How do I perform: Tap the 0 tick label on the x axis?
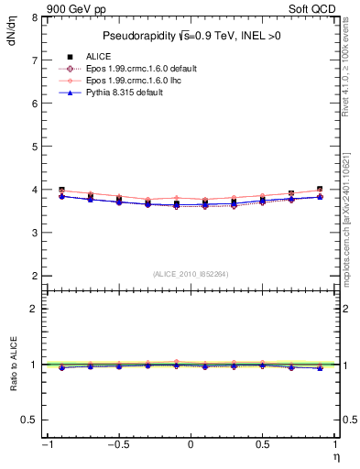(x=190, y=445)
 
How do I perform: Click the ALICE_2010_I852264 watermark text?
(x=191, y=273)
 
